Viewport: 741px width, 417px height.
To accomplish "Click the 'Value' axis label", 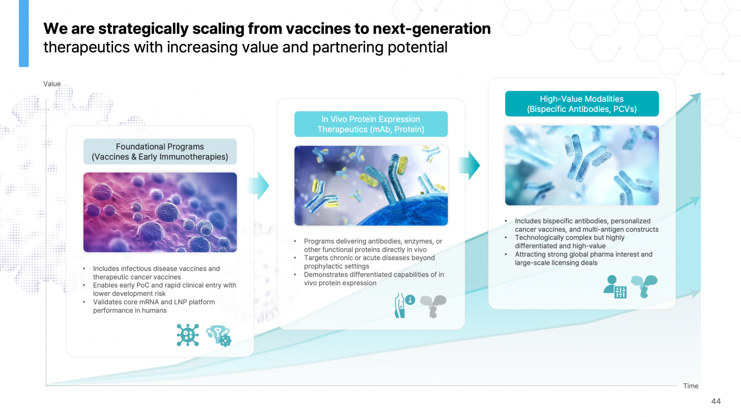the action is (52, 84).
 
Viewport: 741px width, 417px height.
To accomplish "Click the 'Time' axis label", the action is (690, 386).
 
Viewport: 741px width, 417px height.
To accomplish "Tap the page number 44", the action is (716, 401).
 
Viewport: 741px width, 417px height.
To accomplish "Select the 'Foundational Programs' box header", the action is (160, 152).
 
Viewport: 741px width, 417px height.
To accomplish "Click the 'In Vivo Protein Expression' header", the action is (371, 124).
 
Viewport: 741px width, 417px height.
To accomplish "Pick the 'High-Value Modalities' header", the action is (582, 104).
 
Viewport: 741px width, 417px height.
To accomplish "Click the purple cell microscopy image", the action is (160, 212).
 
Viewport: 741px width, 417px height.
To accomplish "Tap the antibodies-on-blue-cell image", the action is (371, 185).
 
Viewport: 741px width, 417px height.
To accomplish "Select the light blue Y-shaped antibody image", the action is (582, 165).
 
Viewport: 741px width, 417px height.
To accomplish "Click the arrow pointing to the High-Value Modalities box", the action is (470, 165).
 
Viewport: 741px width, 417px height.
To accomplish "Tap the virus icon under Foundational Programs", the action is (188, 335).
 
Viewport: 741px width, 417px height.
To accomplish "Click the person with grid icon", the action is (615, 287).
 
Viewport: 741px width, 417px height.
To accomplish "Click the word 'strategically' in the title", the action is (143, 29).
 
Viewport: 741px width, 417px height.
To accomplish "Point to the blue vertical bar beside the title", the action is (24, 33).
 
